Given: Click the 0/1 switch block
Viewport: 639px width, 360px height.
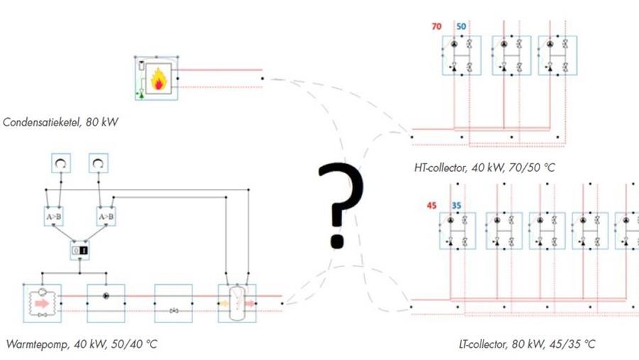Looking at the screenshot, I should pos(80,250).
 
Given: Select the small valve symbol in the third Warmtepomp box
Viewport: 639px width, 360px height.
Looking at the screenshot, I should pos(173,310).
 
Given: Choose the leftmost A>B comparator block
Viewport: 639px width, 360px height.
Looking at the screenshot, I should pos(54,216).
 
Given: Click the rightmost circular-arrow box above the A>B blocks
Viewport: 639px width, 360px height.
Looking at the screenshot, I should pos(97,164).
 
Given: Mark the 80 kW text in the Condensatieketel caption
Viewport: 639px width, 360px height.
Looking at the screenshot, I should pos(102,122).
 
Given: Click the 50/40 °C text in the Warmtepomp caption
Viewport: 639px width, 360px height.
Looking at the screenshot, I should pos(132,344).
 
